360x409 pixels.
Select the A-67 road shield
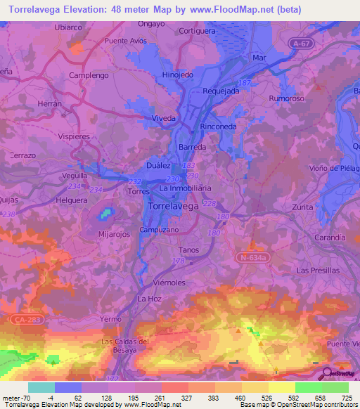click(x=301, y=44)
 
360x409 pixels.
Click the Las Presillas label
click(x=318, y=270)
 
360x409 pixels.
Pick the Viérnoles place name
click(x=168, y=281)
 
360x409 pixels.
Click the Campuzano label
click(x=160, y=230)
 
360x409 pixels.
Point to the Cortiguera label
click(x=198, y=32)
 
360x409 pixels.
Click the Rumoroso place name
click(x=286, y=99)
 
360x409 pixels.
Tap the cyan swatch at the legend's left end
click(x=41, y=387)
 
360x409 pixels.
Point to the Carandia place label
click(x=330, y=238)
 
